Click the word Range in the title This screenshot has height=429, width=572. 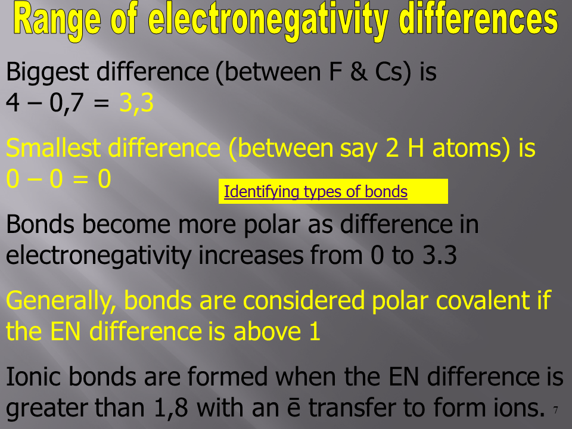[x=57, y=20]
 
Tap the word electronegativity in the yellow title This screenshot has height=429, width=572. [x=268, y=20]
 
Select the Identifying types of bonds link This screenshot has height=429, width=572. [x=316, y=192]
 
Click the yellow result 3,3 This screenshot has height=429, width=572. [x=136, y=103]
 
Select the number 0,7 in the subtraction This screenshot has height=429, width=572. [x=67, y=103]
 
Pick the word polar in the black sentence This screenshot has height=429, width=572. [x=272, y=225]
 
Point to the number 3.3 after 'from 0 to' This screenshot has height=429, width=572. [x=440, y=255]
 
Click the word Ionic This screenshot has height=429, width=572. [x=34, y=377]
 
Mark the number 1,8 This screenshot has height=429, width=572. [x=171, y=408]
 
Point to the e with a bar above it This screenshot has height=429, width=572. [x=294, y=408]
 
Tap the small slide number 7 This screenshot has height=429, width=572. [x=555, y=411]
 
